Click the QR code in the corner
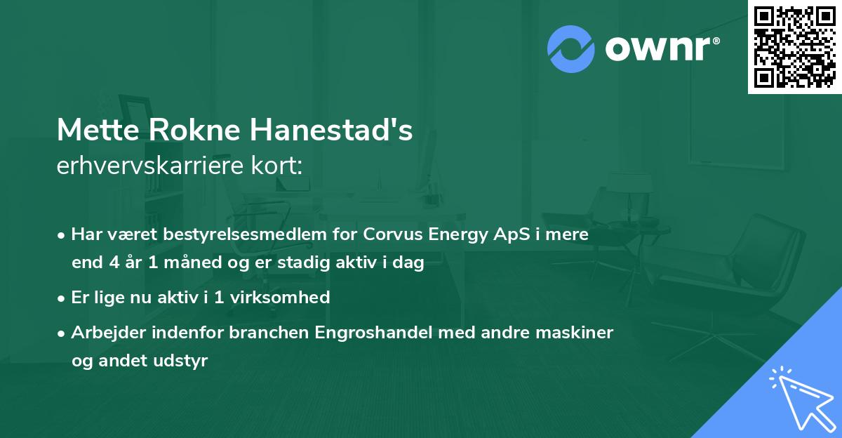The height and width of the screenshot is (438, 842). pos(794,46)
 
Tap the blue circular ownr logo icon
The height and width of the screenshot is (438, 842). pos(571,48)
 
